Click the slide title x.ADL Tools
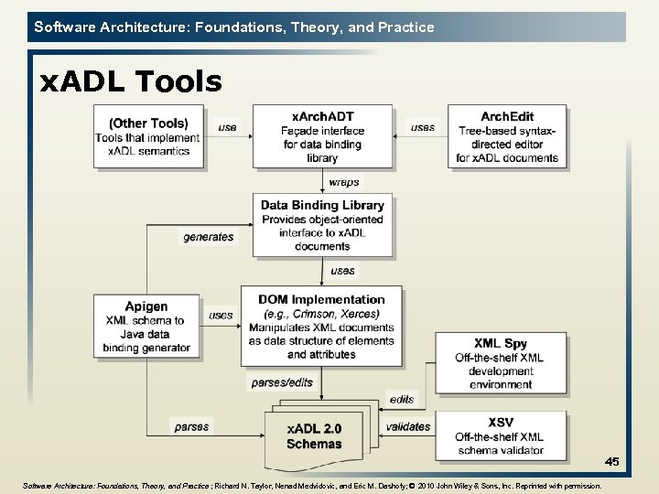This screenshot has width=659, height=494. [130, 82]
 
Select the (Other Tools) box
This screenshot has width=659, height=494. [148, 137]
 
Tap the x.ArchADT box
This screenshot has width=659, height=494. [322, 137]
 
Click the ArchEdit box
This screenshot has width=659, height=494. [507, 137]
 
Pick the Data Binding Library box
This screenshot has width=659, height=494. [322, 225]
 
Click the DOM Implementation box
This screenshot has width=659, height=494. [321, 327]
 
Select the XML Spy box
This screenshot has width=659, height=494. [501, 364]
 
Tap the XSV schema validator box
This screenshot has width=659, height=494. [501, 435]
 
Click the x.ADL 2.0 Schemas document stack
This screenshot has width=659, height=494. [314, 435]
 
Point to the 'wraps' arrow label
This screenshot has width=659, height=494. [343, 182]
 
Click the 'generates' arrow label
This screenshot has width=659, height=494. [209, 237]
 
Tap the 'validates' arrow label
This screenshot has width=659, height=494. [408, 426]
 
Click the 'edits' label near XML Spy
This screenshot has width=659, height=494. [402, 399]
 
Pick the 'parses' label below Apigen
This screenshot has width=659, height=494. [191, 426]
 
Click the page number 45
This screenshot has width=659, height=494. [611, 462]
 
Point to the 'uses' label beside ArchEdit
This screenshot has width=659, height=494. [423, 127]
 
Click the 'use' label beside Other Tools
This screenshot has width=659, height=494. [227, 127]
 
